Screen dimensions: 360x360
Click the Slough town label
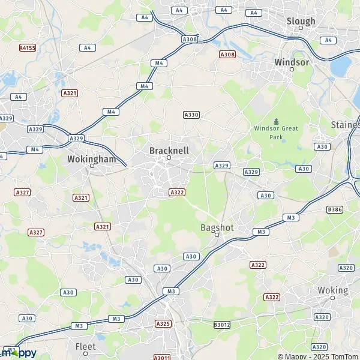[x=301, y=21]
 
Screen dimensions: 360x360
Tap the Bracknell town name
[x=169, y=149]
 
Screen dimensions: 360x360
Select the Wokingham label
[x=91, y=160]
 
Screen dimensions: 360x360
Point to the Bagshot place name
[x=217, y=227]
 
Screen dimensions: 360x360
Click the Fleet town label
[x=85, y=346]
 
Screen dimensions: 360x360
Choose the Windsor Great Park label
[x=276, y=133]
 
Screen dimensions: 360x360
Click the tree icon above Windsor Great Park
[x=276, y=121]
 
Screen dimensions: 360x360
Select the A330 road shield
[x=191, y=115]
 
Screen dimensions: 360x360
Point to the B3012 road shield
[x=221, y=325]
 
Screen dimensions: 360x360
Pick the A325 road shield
[x=163, y=323]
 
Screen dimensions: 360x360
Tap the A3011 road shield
[x=161, y=358]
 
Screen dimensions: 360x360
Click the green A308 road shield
[x=190, y=39]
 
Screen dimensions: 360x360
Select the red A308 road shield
[x=227, y=55]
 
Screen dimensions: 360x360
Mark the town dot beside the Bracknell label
[x=169, y=158]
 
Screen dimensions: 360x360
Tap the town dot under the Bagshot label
[x=217, y=235]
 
